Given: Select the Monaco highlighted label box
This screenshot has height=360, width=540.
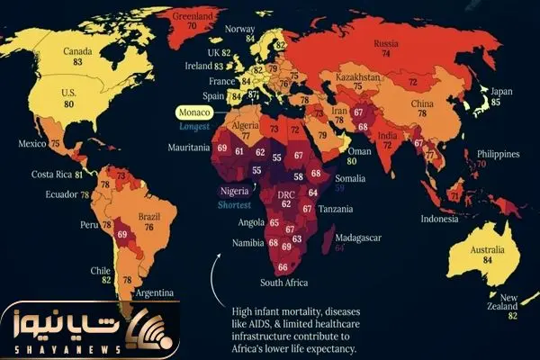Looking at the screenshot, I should [193, 114].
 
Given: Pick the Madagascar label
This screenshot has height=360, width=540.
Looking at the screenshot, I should [357, 237].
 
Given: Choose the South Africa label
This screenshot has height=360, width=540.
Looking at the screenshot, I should [284, 283].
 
